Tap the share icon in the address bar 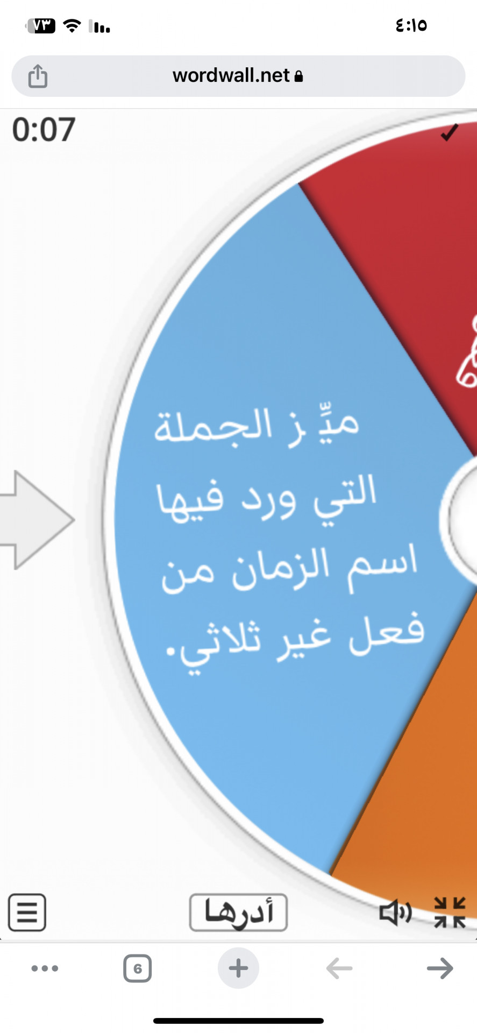[x=38, y=76]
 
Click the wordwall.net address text [x=231, y=76]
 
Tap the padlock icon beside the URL [x=299, y=76]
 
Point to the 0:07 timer [x=44, y=130]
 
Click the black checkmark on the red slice [x=449, y=132]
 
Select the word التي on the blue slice [x=345, y=499]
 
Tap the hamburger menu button [x=27, y=912]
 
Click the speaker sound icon [x=395, y=912]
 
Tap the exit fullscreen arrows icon [x=450, y=912]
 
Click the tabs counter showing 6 [x=138, y=968]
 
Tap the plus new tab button [x=238, y=968]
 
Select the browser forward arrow [x=440, y=968]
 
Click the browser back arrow [x=339, y=968]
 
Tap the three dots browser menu [x=45, y=968]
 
